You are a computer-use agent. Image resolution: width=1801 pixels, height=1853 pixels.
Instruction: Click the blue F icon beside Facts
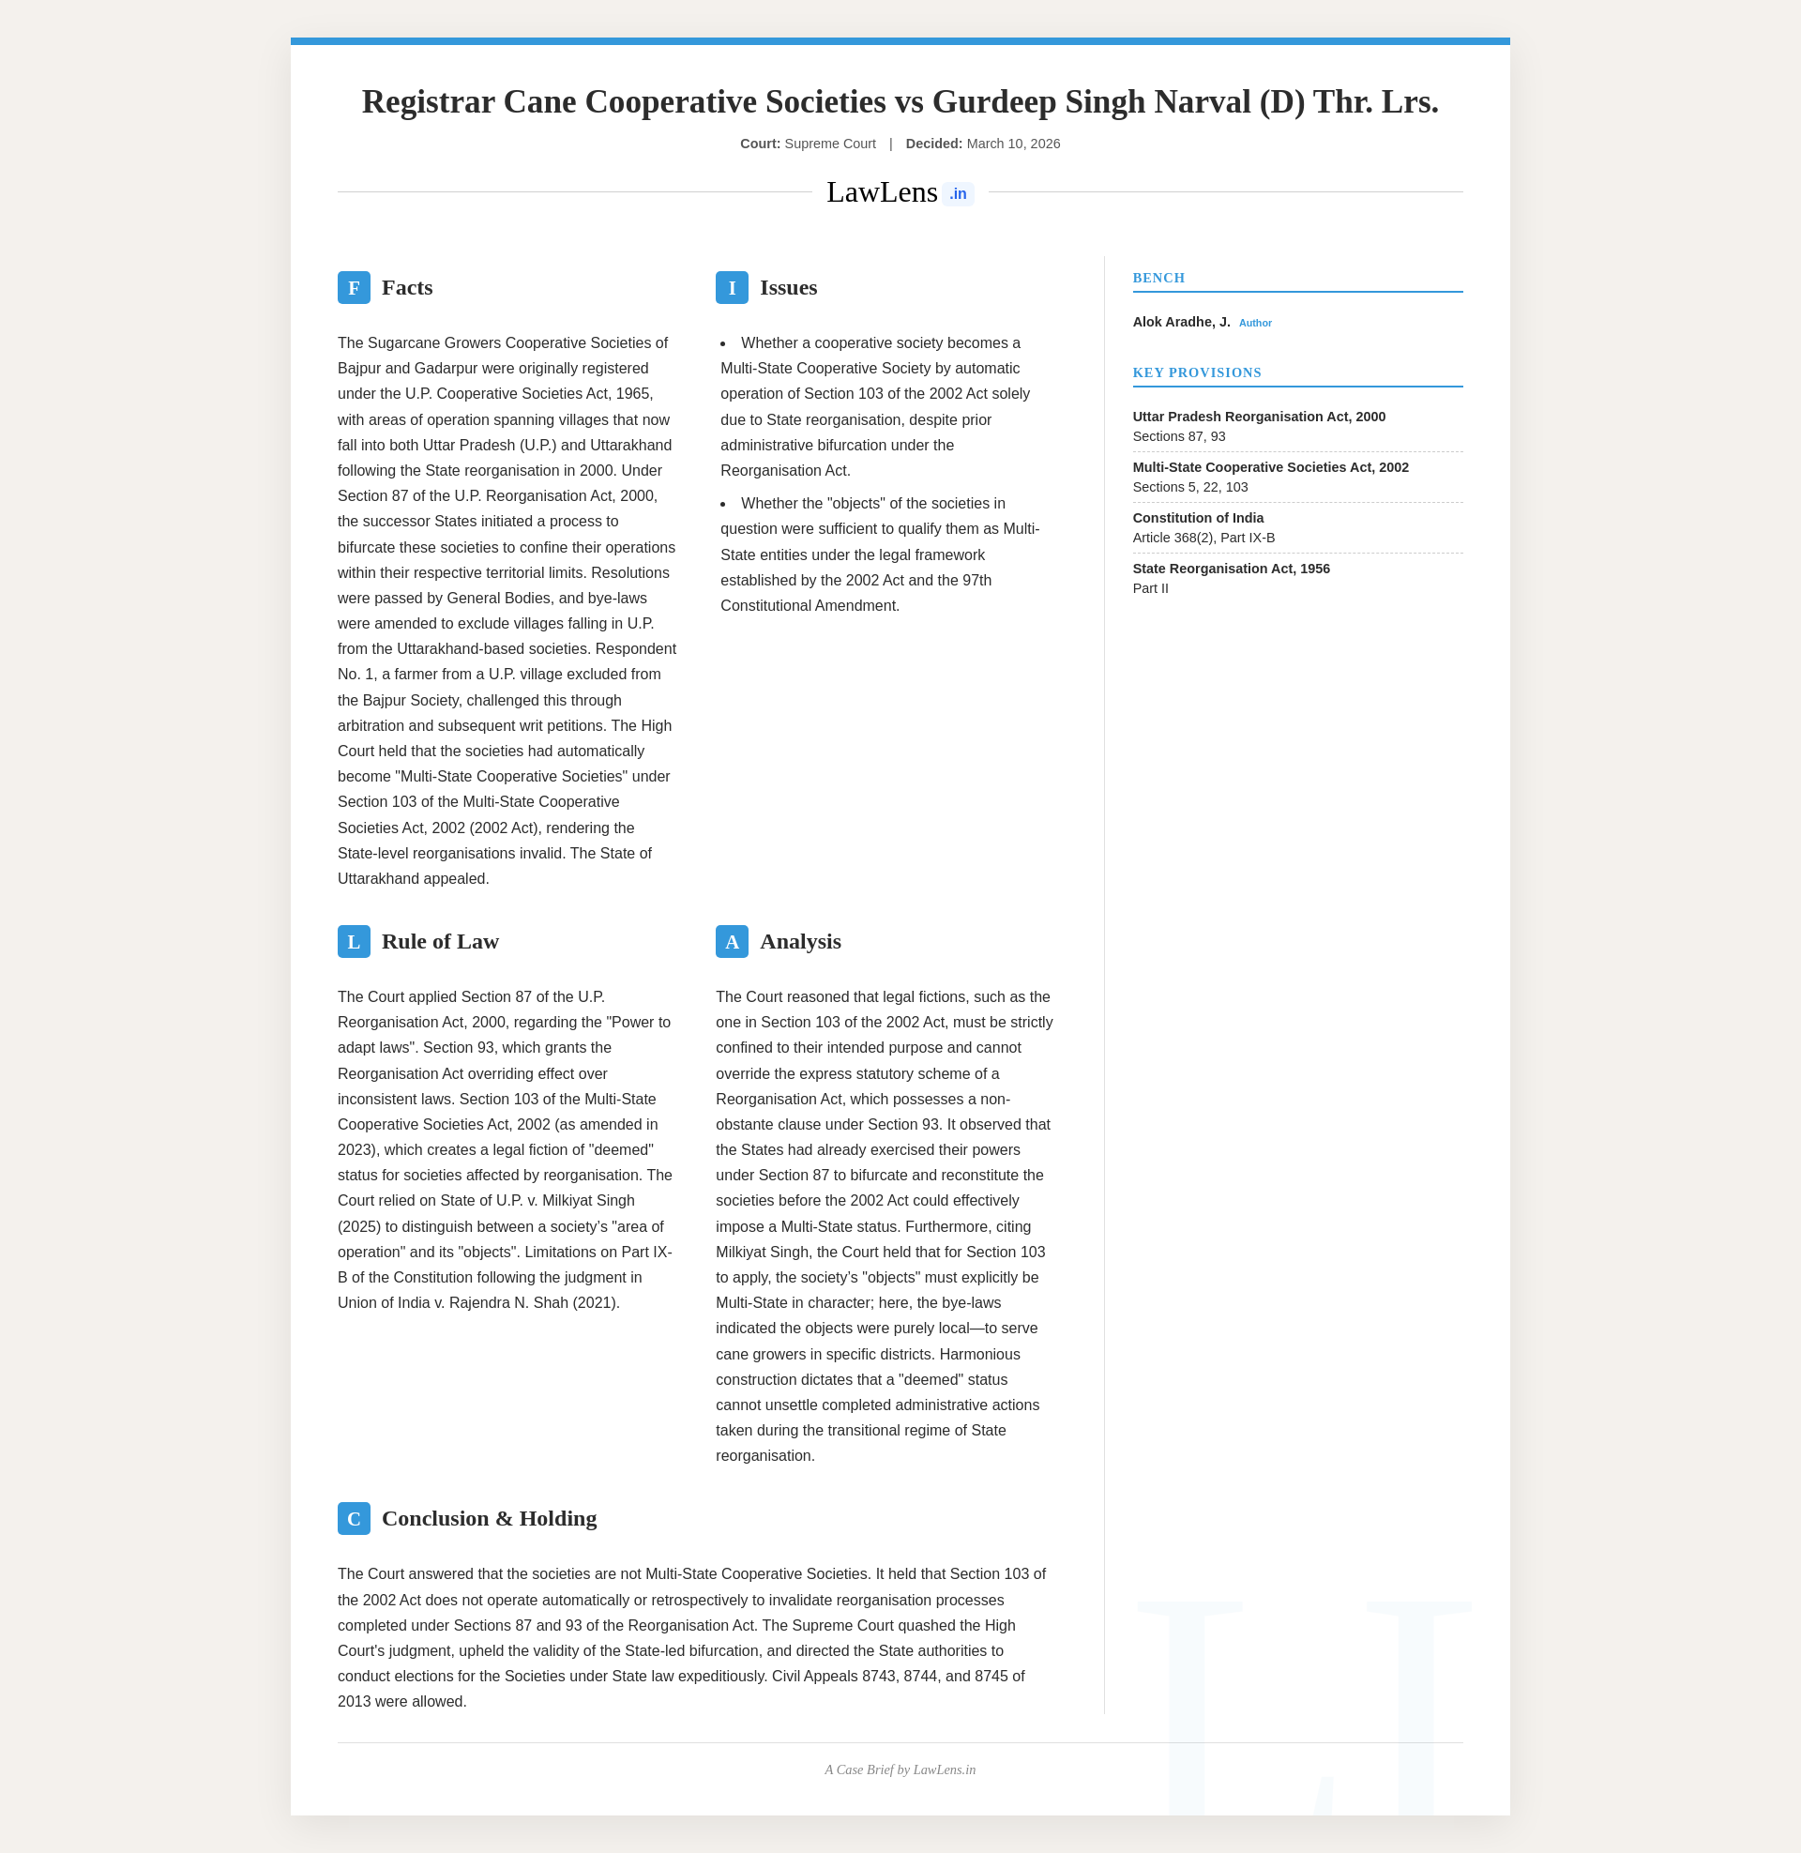[354, 287]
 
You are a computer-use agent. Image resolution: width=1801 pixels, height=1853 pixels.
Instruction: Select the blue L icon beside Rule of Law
[354, 941]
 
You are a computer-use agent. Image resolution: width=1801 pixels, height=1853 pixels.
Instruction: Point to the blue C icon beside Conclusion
[354, 1518]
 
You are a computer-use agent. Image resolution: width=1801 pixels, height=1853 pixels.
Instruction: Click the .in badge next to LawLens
[958, 194]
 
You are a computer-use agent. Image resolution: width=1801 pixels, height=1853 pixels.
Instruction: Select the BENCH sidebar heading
[1158, 278]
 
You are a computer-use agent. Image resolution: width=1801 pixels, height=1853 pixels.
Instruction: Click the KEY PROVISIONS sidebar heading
[1197, 372]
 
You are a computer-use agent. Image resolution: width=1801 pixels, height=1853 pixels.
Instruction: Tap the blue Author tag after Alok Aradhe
[1255, 324]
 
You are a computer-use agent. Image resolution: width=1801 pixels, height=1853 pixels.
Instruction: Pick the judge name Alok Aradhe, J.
[1181, 323]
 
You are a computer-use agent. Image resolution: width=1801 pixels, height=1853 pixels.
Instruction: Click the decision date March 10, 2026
[1013, 144]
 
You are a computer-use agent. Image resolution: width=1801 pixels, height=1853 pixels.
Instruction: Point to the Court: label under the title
[760, 144]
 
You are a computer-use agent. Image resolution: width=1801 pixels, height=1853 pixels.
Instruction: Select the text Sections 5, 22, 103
[1190, 487]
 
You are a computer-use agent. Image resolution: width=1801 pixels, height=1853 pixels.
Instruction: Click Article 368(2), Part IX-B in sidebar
[1203, 539]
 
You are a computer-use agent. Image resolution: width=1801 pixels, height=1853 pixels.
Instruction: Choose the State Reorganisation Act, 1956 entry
[1231, 569]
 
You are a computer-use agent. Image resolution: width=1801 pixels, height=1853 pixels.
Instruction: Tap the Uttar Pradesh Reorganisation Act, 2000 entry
[1258, 417]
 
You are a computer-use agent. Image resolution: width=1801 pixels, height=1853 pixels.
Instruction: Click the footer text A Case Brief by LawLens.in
[900, 1769]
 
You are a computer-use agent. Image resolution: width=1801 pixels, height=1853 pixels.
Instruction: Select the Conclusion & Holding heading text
[489, 1518]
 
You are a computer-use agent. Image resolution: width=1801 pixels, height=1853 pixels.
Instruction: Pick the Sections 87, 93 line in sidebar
[1178, 436]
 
